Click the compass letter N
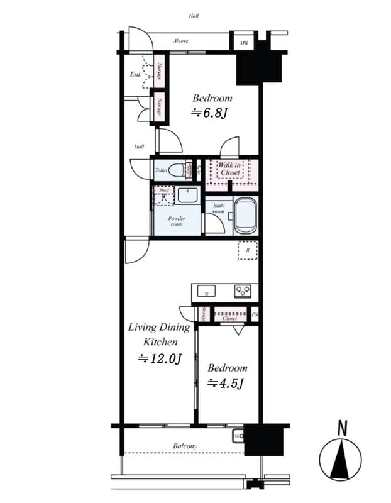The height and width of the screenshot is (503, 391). point(343,429)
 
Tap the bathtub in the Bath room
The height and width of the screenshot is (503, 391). point(245,215)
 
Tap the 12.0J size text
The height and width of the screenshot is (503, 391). point(160,359)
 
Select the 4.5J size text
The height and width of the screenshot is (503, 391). point(226,383)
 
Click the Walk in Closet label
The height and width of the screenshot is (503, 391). point(230,169)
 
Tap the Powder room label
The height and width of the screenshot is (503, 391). point(177,221)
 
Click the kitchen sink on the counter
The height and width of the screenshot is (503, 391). point(206,290)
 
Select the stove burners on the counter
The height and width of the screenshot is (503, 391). point(243,290)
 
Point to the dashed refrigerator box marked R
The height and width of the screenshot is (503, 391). point(247,250)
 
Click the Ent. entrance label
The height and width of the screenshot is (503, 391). point(135,75)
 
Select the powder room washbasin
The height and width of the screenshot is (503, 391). point(187,195)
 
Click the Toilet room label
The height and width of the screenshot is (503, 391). point(160,170)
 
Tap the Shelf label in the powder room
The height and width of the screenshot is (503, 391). point(164,190)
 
